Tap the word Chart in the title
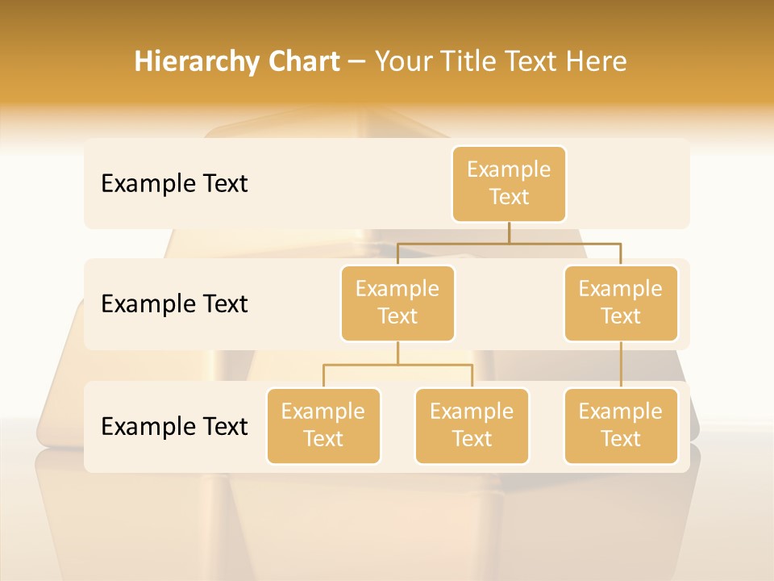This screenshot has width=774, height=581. coord(305,62)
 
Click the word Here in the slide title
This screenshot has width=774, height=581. coord(597,62)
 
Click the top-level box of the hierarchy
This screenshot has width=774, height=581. coord(509,183)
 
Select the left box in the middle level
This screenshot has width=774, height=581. coord(397,303)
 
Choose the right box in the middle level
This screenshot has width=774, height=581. coord(621,303)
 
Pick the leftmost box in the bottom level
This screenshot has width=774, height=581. coord(323,425)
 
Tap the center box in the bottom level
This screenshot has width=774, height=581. coord(472,425)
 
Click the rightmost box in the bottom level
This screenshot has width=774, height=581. coord(621,425)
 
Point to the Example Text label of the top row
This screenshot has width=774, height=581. coord(174,184)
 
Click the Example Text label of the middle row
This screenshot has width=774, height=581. coord(174,304)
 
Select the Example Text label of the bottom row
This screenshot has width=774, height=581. coord(174,426)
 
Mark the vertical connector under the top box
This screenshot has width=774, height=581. coord(509,232)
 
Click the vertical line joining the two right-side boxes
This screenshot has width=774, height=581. coord(621,365)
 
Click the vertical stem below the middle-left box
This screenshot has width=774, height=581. coord(397,353)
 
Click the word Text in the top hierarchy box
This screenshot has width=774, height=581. coord(509,197)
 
